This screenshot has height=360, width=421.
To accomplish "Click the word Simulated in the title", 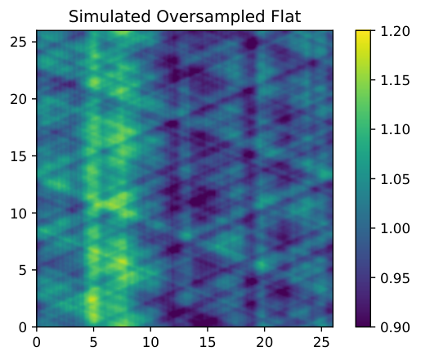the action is (x=110, y=16).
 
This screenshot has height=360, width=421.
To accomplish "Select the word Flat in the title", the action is (x=286, y=16).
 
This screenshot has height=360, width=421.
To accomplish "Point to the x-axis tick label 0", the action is (x=37, y=342).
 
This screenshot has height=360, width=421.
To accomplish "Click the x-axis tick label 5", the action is (x=93, y=342).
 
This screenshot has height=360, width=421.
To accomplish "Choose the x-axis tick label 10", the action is (x=150, y=342).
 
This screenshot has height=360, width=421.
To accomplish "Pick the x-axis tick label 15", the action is (x=208, y=342).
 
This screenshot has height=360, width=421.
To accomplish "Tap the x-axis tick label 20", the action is (x=264, y=342).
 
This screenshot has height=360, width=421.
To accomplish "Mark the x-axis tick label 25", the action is (x=321, y=342).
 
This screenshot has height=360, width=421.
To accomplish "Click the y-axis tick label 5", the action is (x=23, y=270).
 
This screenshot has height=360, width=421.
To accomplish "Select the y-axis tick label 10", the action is (x=19, y=213).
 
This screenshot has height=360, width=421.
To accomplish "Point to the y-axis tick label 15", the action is (x=19, y=156).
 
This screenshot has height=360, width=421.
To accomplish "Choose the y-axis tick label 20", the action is (x=19, y=99).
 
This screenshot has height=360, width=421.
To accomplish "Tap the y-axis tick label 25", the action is (x=19, y=42).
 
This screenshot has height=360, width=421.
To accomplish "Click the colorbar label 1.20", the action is (x=395, y=31).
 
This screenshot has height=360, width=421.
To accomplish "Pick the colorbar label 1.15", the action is (x=395, y=80).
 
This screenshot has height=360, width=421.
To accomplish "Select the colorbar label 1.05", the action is (x=395, y=179).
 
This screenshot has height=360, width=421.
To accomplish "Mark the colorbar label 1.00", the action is (x=395, y=228).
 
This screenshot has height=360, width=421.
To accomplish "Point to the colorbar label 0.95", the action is (x=395, y=278).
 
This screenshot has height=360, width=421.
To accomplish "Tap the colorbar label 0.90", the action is (x=395, y=327).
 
